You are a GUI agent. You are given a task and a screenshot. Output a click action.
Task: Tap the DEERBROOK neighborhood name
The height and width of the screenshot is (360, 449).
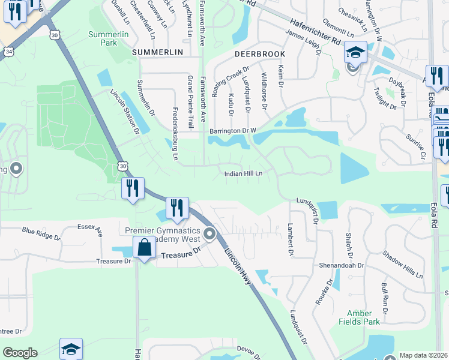[x=259, y=53]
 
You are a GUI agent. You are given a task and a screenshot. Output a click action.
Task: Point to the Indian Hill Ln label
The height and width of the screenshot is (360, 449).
[x=244, y=173]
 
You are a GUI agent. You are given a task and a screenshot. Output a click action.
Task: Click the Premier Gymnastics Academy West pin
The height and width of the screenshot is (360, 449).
[x=209, y=233]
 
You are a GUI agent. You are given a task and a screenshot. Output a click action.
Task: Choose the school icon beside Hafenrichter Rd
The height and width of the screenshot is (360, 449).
[x=355, y=53]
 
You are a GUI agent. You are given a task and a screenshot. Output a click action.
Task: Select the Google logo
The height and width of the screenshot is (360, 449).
[x=20, y=353]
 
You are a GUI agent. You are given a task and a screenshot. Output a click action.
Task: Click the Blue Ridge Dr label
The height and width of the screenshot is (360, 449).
[x=41, y=233]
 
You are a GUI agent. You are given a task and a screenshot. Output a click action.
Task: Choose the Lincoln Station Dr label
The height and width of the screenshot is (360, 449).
[x=124, y=112]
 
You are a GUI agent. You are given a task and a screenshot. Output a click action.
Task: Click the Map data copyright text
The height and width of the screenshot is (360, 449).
[x=423, y=355]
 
